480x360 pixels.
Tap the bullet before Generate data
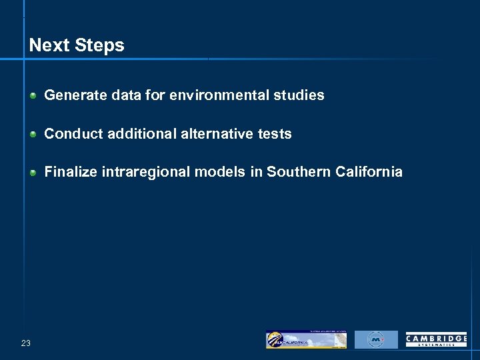pos(33,95)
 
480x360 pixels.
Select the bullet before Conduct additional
pos(33,134)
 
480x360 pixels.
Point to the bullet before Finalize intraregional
pos(33,173)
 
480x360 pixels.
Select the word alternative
pos(214,134)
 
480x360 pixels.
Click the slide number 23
pos(26,343)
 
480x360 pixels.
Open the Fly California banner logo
pos(306,339)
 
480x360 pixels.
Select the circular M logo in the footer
pos(376,339)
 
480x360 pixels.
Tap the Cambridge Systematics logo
pos(436,340)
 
